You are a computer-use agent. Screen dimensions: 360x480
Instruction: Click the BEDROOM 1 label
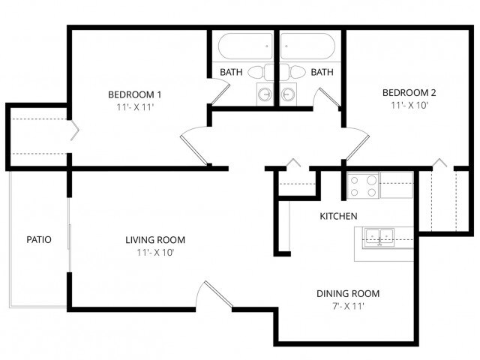pyautogui.click(x=135, y=94)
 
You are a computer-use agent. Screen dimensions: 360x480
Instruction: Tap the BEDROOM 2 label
pyautogui.click(x=409, y=93)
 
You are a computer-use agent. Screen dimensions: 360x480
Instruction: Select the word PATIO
pyautogui.click(x=39, y=240)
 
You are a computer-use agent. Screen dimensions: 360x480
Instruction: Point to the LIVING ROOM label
pyautogui.click(x=154, y=240)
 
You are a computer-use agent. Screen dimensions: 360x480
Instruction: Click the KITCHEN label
pyautogui.click(x=338, y=216)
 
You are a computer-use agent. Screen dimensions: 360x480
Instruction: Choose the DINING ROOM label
pyautogui.click(x=347, y=293)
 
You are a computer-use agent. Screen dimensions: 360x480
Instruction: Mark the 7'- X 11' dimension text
pyautogui.click(x=347, y=306)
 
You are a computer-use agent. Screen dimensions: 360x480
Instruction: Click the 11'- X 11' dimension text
pyautogui.click(x=135, y=107)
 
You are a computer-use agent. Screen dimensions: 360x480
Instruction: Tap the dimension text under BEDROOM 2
pyautogui.click(x=409, y=106)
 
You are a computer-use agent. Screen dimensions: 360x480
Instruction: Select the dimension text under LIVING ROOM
pyautogui.click(x=154, y=253)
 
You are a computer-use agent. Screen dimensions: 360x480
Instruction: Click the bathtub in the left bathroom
pyautogui.click(x=245, y=47)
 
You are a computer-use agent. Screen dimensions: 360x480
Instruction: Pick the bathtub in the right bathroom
pyautogui.click(x=310, y=47)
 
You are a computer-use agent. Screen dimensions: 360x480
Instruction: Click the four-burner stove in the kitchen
pyautogui.click(x=363, y=185)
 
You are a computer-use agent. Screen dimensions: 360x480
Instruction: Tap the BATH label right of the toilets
pyautogui.click(x=322, y=73)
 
